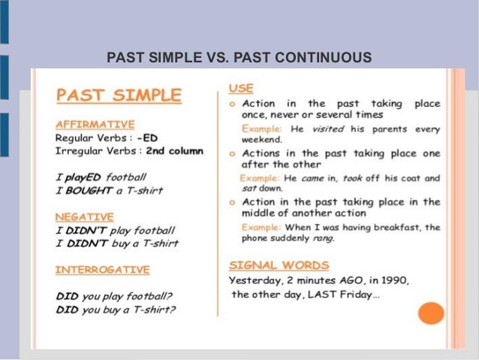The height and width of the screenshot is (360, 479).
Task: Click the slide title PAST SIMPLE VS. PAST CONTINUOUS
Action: point(239,57)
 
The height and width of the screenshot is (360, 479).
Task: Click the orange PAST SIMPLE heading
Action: point(119,95)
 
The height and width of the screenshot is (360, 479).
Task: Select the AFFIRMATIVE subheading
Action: point(95,124)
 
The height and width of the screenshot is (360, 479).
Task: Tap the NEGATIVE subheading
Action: point(84,216)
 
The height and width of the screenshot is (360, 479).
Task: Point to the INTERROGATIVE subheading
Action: point(102,269)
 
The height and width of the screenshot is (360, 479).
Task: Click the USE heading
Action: point(241,88)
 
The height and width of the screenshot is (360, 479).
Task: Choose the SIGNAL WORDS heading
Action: point(279,265)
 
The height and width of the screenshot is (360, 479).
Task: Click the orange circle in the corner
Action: point(431,312)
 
